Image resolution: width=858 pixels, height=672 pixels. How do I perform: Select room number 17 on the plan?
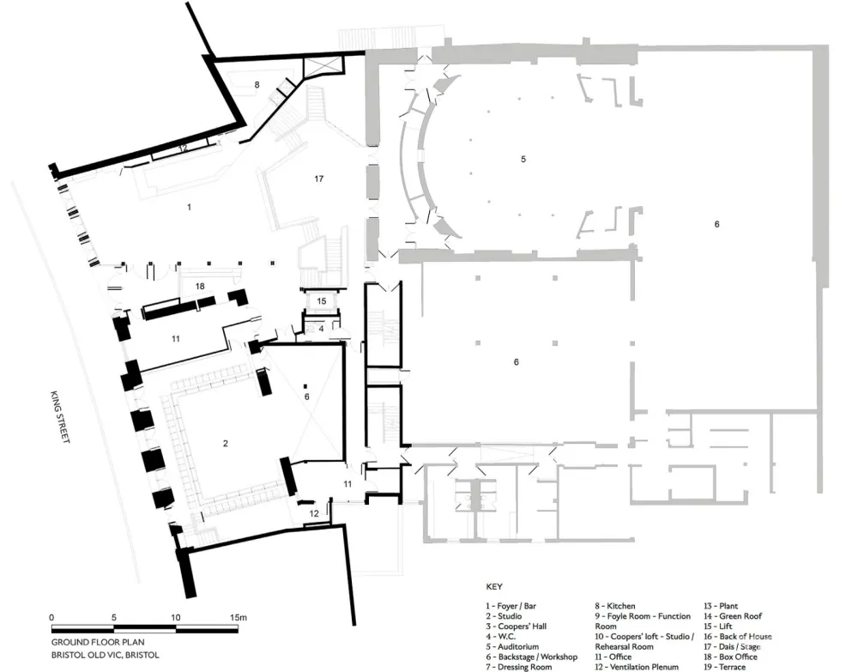coord(319,179)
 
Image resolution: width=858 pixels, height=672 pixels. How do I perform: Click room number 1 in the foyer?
coord(190,207)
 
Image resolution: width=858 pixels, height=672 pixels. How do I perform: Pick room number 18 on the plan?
coord(199,286)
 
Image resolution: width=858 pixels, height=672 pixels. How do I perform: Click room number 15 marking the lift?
coord(321,301)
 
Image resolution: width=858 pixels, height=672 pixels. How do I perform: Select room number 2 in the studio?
coord(225,443)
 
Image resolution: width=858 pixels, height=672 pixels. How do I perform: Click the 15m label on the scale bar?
coord(237,617)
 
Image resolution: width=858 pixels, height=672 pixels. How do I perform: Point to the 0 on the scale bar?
coord(51,617)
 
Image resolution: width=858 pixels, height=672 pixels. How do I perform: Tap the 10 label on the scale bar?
coord(175,617)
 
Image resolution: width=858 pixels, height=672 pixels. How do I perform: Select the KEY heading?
coord(493,589)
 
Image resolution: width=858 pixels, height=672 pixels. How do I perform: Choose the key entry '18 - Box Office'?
coord(730,657)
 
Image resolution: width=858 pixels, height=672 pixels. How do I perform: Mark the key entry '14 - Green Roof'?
coord(734,615)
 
